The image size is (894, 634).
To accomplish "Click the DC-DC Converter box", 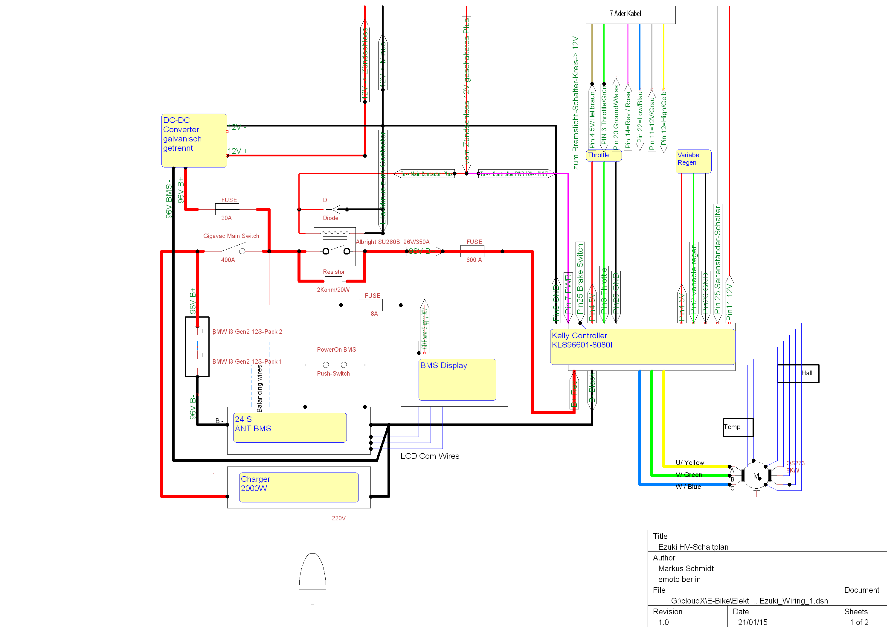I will pyautogui.click(x=194, y=141).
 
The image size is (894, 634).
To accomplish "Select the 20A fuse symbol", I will pyautogui.click(x=227, y=209).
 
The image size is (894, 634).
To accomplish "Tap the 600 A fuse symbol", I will pyautogui.click(x=472, y=251).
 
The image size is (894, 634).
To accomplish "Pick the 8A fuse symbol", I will pyautogui.click(x=370, y=305).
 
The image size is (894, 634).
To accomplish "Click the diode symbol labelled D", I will pyautogui.click(x=335, y=209).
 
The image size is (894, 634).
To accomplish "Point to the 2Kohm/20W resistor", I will pyautogui.click(x=333, y=281).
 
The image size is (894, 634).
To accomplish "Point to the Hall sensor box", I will pyautogui.click(x=798, y=374).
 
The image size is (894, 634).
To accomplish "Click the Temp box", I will pyautogui.click(x=738, y=427).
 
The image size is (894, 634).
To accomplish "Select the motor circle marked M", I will pyautogui.click(x=756, y=475).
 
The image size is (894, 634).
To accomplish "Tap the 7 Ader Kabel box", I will pyautogui.click(x=630, y=14).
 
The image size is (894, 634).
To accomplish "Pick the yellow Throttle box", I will pyautogui.click(x=604, y=156).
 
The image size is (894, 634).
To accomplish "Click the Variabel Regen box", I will pyautogui.click(x=693, y=161).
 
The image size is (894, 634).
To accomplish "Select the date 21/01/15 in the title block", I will pyautogui.click(x=752, y=622).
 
